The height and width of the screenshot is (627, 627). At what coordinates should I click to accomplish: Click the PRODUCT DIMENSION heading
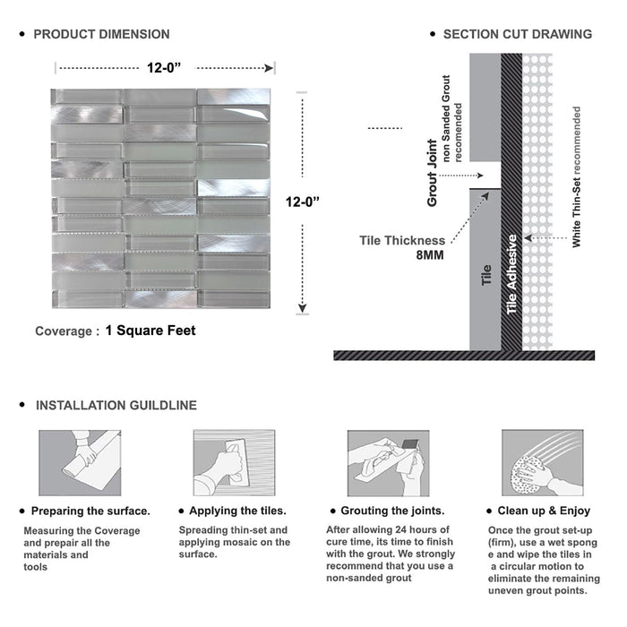tap(101, 34)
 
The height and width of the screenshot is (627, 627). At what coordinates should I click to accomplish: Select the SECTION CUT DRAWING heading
tap(517, 34)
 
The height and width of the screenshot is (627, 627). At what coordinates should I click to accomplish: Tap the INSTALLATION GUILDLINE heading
tap(116, 405)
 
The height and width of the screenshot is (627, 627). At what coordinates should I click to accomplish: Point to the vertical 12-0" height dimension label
tap(303, 202)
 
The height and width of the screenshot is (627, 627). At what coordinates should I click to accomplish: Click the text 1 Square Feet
tap(150, 331)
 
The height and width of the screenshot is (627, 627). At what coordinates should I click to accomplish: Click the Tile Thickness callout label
tap(402, 240)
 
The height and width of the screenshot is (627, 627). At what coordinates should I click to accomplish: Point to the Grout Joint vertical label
tap(433, 173)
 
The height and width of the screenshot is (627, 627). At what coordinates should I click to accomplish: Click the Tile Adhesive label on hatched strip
tap(512, 274)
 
